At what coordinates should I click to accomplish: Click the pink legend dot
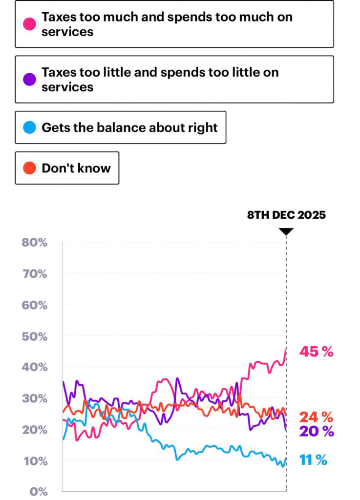(29, 24)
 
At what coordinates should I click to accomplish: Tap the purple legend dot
(29, 80)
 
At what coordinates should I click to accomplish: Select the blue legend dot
(29, 128)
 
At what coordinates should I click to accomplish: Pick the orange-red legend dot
(29, 168)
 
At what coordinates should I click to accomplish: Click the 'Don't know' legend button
(67, 168)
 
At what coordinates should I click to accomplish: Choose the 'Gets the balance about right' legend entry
(120, 128)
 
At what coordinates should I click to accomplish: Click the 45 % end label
(316, 351)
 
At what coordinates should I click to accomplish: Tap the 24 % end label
(316, 417)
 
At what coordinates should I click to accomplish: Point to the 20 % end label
(316, 431)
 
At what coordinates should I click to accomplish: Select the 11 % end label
(313, 460)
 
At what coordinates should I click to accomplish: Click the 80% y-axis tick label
(35, 242)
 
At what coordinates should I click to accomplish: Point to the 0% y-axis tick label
(38, 492)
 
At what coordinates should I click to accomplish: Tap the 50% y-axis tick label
(35, 336)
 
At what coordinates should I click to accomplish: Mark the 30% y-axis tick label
(35, 398)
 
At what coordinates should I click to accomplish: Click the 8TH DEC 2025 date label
(286, 215)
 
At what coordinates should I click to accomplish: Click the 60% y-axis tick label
(35, 305)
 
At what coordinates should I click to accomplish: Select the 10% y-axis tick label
(35, 460)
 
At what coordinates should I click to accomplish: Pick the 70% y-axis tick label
(35, 274)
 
